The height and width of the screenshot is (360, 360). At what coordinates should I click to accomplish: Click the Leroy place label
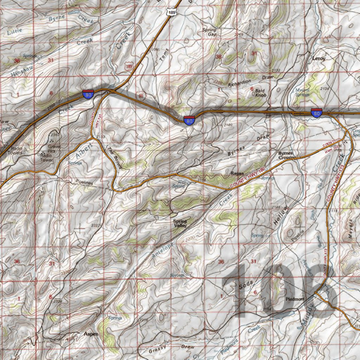(319, 58)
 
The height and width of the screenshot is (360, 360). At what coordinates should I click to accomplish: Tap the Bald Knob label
(261, 92)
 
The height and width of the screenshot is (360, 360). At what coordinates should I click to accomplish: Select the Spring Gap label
(210, 32)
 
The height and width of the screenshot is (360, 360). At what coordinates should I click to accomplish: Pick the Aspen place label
(91, 334)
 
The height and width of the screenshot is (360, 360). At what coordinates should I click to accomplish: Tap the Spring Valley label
(180, 224)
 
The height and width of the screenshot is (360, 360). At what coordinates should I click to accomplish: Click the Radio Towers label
(17, 150)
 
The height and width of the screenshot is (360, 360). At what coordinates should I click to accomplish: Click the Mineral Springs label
(302, 92)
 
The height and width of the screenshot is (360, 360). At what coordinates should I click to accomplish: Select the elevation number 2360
(54, 135)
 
